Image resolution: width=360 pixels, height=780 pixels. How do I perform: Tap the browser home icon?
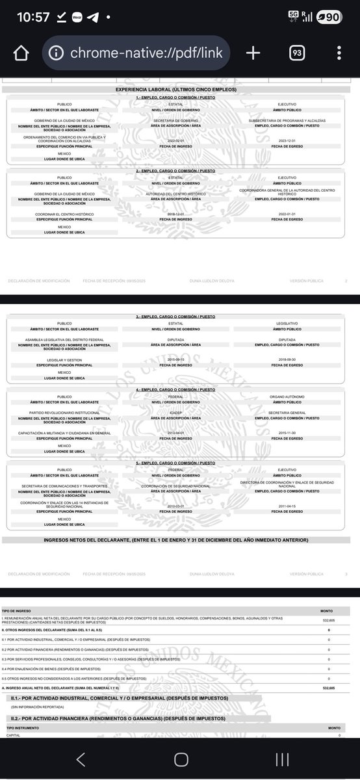[x=21, y=53]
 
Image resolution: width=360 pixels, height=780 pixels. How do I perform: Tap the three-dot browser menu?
[x=339, y=53]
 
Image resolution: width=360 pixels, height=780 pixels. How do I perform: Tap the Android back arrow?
[x=81, y=759]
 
